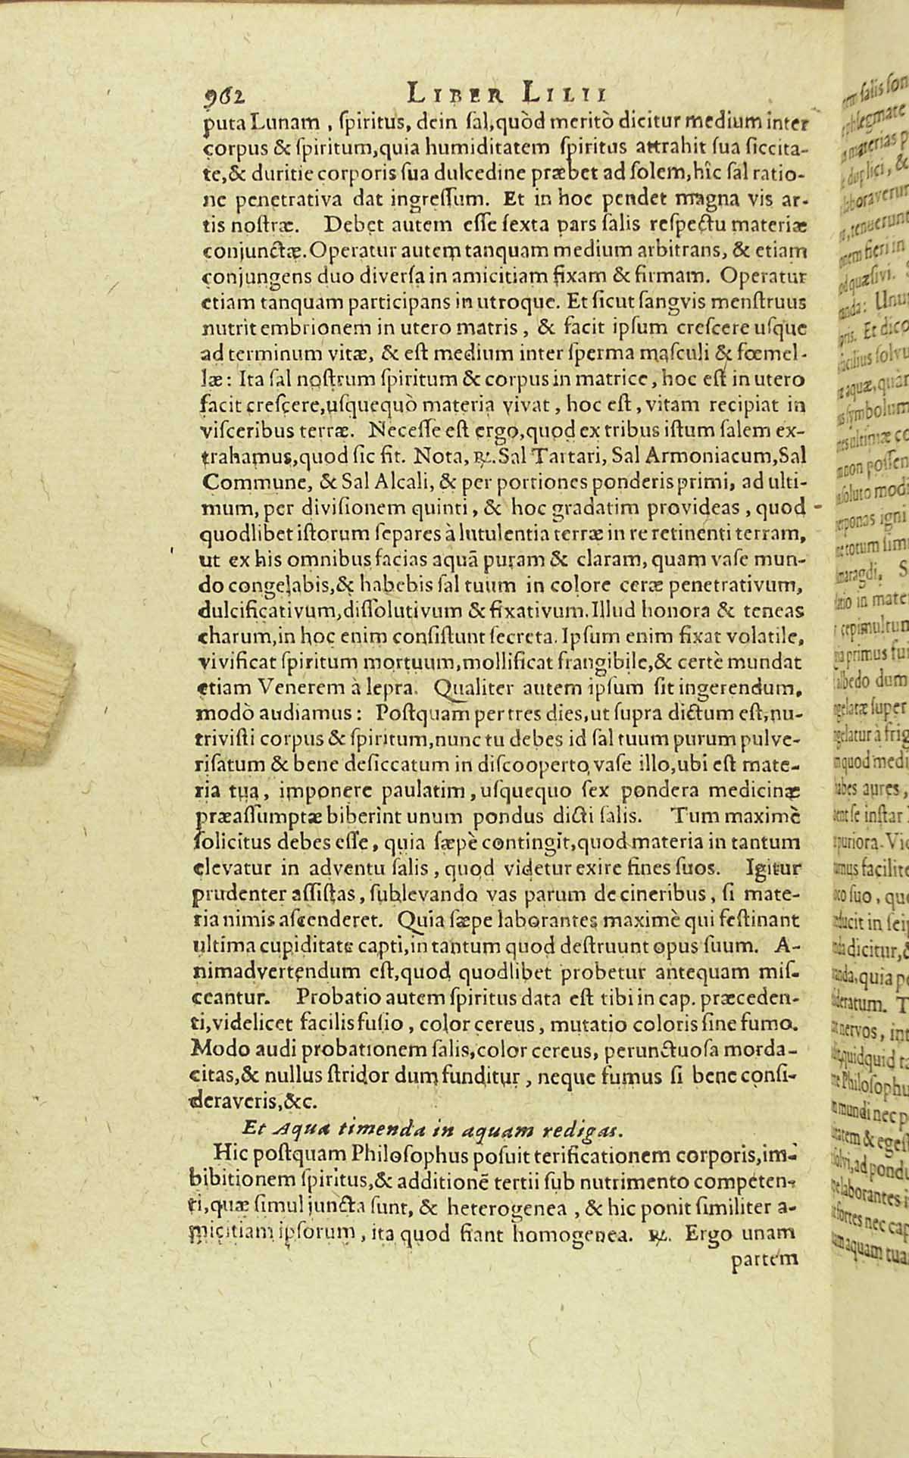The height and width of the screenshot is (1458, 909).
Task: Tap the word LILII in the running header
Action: (564, 94)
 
